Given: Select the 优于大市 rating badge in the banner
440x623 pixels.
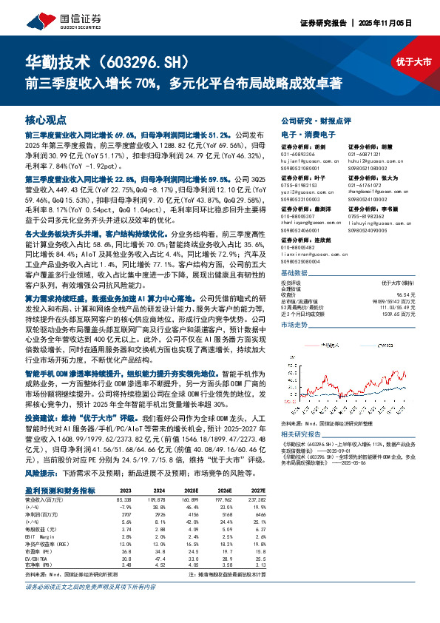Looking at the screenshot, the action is (410, 62).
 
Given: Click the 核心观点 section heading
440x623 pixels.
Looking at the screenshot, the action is (46, 119).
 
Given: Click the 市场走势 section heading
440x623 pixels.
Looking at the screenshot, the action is (295, 324).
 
